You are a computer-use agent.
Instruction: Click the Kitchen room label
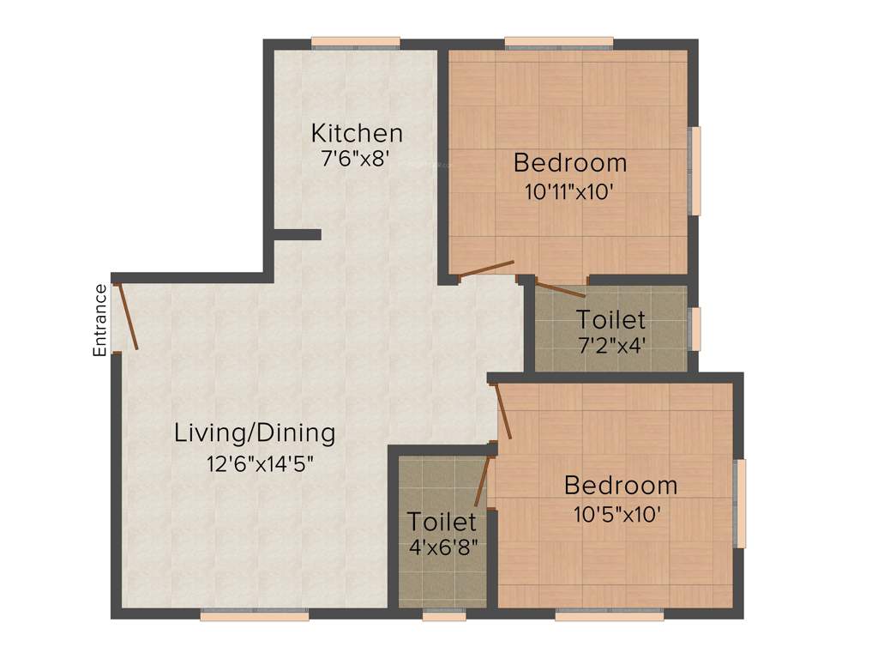357,134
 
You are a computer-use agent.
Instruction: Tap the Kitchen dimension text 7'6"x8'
356,158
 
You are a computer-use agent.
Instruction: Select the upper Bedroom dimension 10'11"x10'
569,191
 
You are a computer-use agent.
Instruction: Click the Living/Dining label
255,432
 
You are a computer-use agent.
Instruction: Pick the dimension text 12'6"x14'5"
261,464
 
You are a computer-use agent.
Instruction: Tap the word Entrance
100,319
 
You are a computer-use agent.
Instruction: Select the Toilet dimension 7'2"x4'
610,348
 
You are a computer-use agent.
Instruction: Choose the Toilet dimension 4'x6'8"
442,545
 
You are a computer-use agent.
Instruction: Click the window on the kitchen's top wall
356,42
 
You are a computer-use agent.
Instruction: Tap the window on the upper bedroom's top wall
559,42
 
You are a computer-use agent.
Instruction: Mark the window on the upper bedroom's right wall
695,171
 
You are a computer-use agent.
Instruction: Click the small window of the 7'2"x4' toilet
695,329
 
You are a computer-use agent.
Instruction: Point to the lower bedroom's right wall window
741,503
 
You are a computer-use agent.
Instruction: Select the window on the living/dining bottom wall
255,614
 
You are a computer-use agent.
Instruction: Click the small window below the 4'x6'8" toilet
444,614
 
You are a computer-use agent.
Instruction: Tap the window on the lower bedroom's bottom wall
609,614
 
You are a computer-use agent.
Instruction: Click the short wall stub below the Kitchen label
298,234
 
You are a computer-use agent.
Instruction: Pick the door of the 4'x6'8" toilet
482,481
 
